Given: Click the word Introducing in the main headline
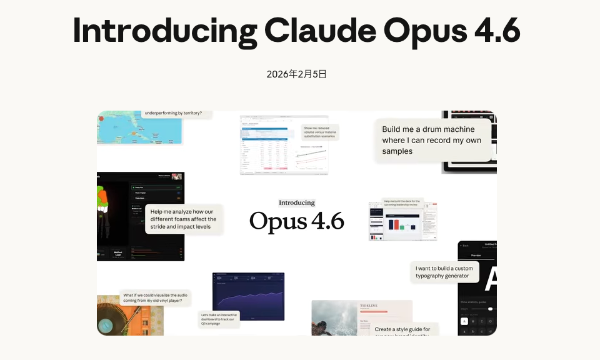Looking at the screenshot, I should [164, 30].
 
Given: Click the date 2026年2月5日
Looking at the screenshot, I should [297, 74].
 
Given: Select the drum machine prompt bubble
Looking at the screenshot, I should [432, 141].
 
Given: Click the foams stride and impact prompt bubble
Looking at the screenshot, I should [183, 219].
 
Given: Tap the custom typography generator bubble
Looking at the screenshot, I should [444, 272].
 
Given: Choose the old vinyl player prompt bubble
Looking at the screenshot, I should [155, 297].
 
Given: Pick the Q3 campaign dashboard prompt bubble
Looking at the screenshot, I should [219, 319].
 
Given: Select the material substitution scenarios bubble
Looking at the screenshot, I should [319, 131].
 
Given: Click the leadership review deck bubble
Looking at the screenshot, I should [402, 204].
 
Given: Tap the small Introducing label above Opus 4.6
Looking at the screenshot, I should [297, 202].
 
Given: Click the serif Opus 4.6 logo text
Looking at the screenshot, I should [297, 221].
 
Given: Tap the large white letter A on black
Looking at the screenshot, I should [491, 279].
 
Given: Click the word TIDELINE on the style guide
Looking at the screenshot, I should [368, 306].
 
